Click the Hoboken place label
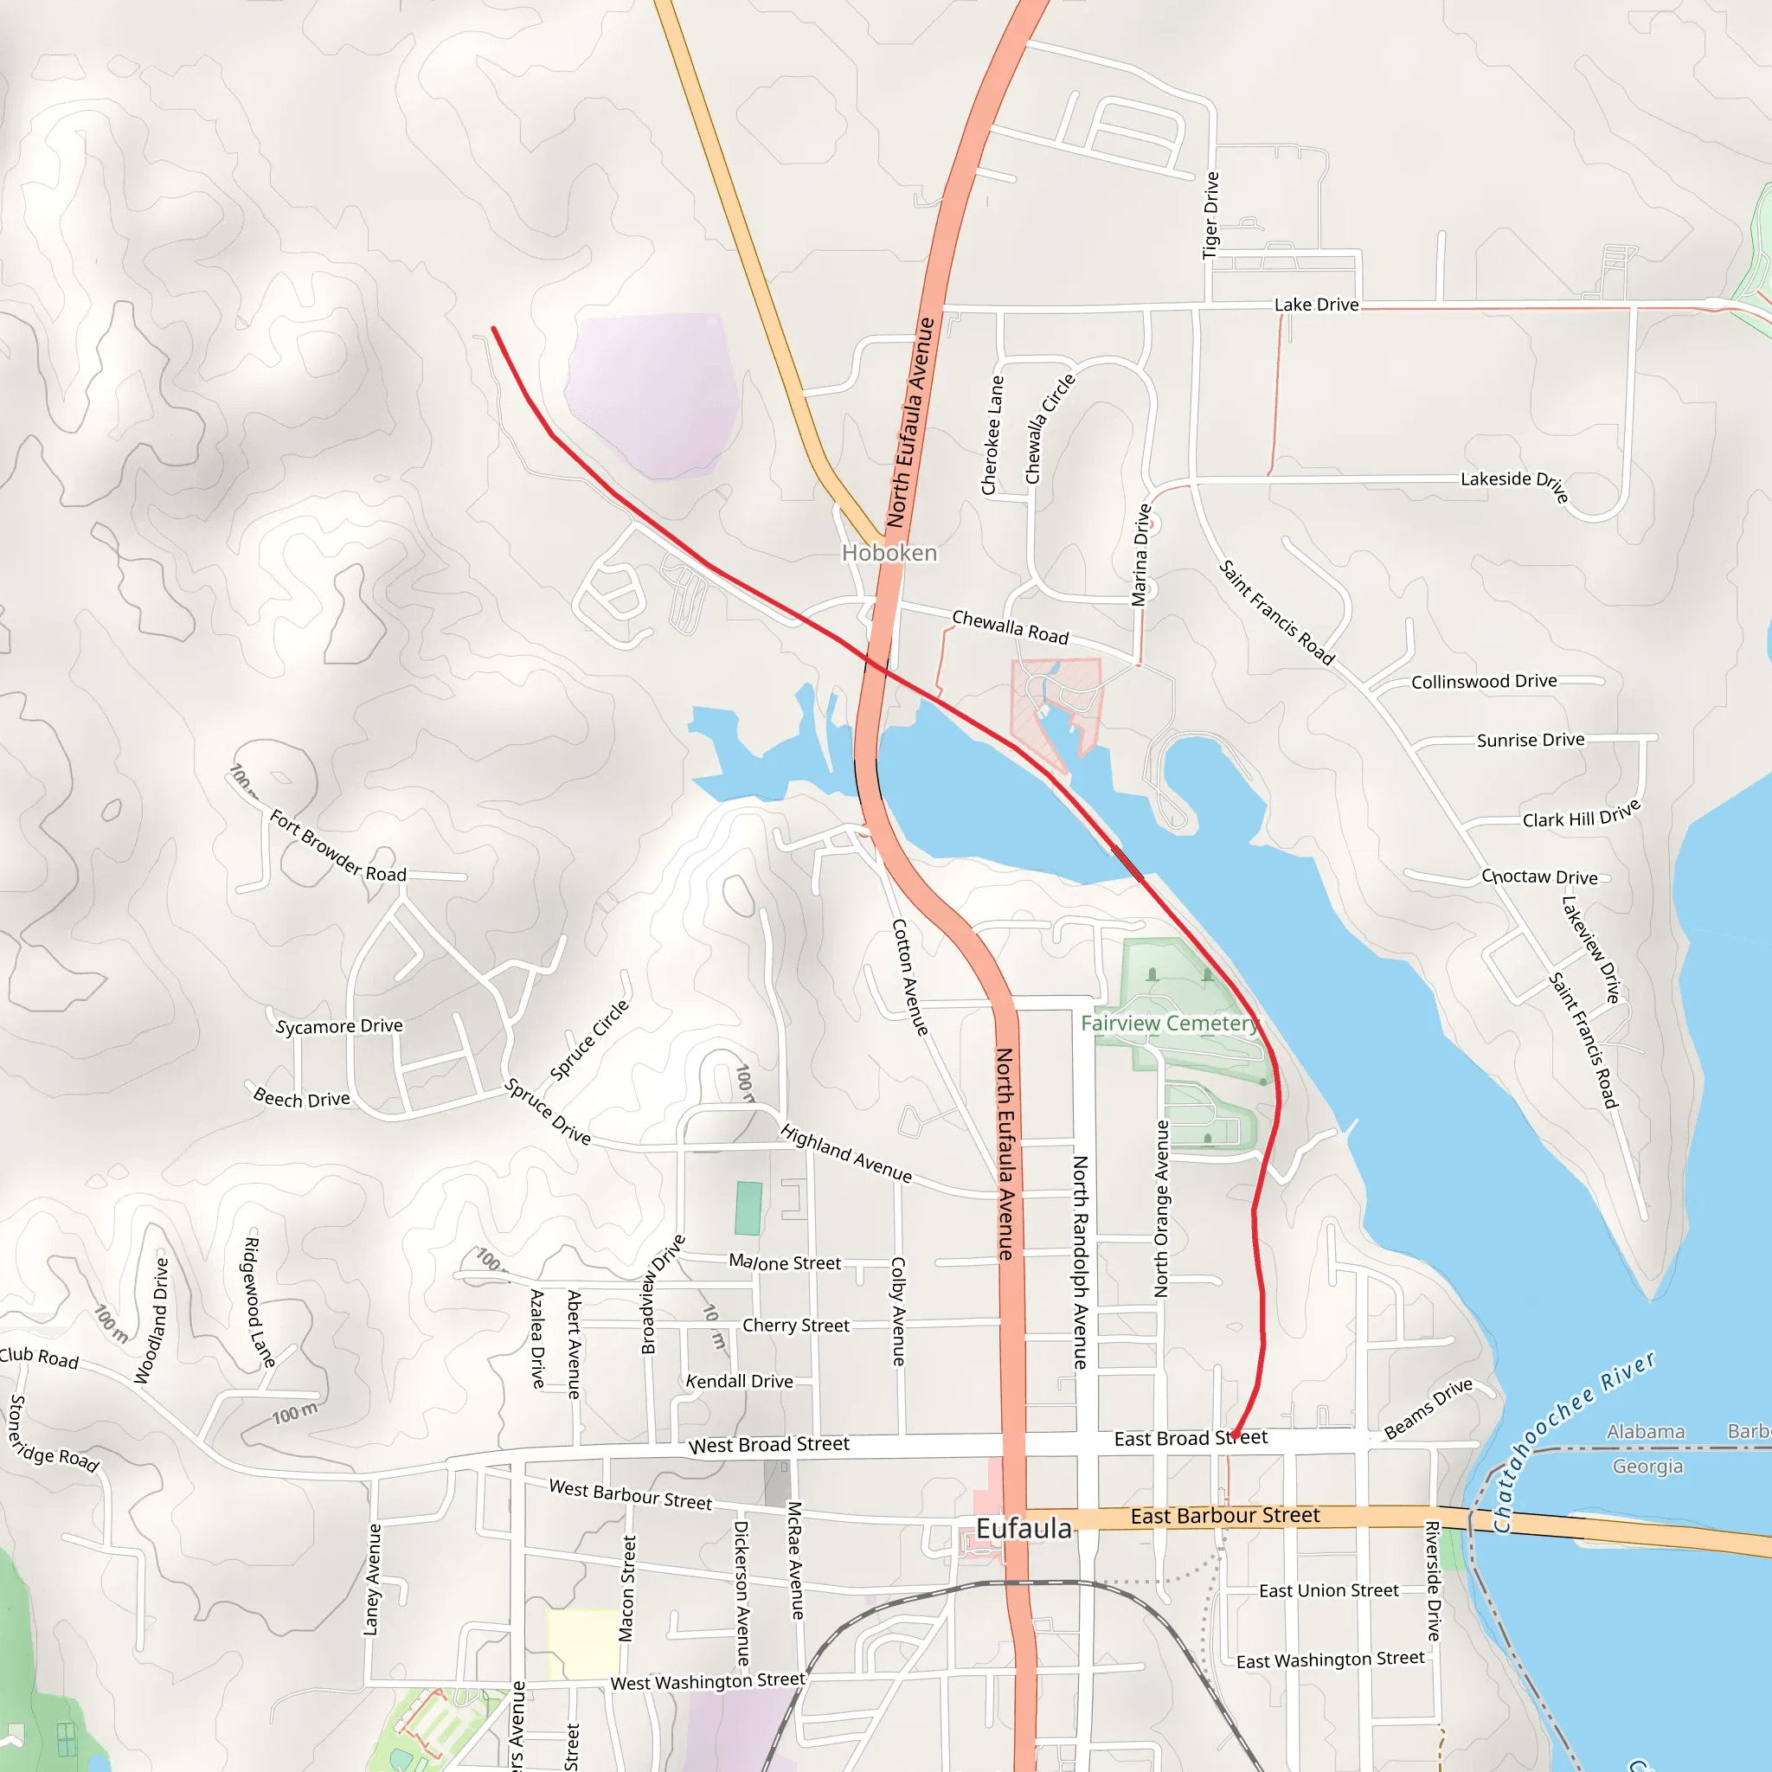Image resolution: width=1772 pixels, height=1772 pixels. point(889,553)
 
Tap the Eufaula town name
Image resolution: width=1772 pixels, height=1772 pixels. point(1023,1529)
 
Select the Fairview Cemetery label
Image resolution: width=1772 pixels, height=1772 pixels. point(1170,1023)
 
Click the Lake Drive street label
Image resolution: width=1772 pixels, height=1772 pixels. point(1316,305)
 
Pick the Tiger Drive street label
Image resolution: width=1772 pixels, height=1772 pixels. point(1210,215)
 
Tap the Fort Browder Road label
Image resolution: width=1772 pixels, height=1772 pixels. point(337,845)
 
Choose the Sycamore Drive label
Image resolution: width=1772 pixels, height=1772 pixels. point(339,1026)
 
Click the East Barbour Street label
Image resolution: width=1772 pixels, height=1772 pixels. point(1224,1516)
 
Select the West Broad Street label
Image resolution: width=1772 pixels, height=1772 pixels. point(768,1445)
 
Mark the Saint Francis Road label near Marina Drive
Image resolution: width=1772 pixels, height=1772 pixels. point(1276,612)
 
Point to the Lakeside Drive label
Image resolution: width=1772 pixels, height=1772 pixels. point(1514,483)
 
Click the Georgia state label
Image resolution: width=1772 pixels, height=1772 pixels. point(1647,1467)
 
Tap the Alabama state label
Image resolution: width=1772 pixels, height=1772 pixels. point(1646,1432)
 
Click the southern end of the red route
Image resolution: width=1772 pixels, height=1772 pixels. point(1234,1436)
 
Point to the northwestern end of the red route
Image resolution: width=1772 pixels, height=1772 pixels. point(493,328)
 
